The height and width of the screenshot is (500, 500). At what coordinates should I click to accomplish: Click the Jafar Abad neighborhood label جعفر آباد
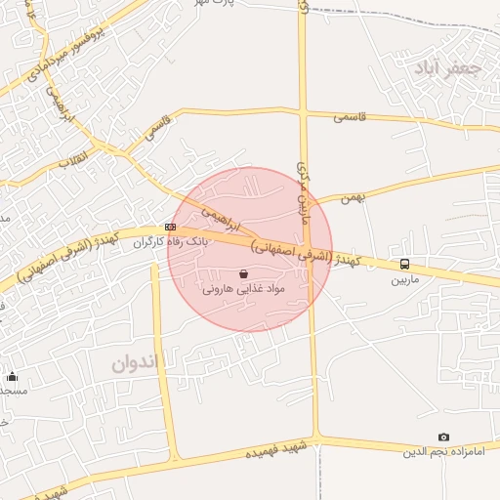click(x=448, y=68)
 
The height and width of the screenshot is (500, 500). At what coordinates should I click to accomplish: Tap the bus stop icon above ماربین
click(x=404, y=265)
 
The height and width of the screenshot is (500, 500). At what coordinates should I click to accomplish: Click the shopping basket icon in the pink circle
click(x=243, y=274)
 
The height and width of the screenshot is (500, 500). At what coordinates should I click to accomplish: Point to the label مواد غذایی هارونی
click(x=243, y=290)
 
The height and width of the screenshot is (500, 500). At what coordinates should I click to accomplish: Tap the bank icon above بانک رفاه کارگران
click(x=171, y=228)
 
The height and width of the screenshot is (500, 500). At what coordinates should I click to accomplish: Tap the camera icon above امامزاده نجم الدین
click(x=444, y=437)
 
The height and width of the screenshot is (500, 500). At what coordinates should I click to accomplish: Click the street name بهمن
click(x=352, y=198)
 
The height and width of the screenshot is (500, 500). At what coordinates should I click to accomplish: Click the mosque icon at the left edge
click(x=12, y=376)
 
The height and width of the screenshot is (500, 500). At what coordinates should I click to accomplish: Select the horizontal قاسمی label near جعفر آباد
click(x=349, y=116)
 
